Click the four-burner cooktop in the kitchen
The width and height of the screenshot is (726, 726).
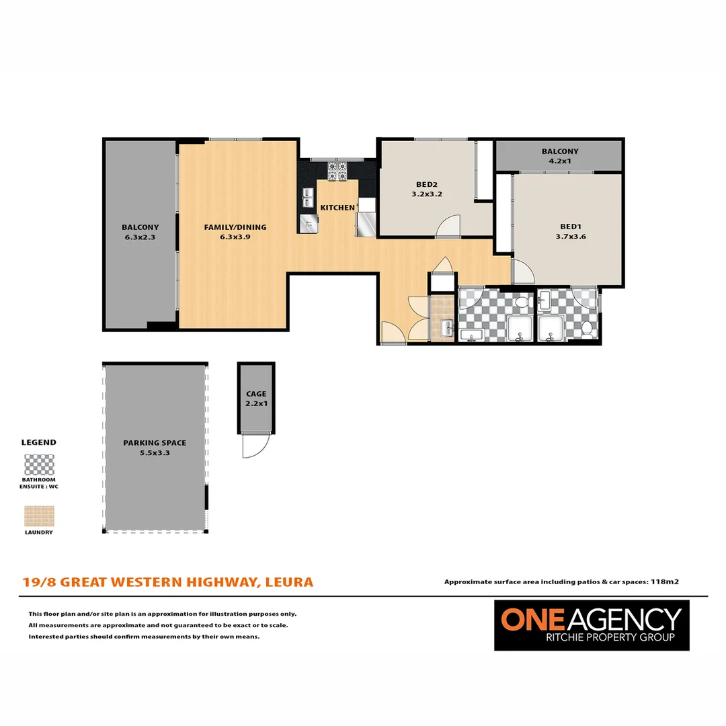pos(337,171)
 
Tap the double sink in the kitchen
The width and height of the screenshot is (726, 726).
pos(308,198)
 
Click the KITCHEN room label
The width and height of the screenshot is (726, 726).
pos(337,208)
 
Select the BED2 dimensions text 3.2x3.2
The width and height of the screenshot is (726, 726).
pos(426,194)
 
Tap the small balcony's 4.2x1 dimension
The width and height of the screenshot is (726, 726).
pos(560,161)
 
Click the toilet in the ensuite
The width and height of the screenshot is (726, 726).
pos(588,329)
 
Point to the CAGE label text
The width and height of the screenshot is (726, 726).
pos(256,394)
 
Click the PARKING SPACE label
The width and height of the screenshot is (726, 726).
pos(155,443)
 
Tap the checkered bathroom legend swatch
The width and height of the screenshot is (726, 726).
pos(39,465)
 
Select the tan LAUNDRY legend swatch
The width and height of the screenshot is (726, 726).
pos(39,516)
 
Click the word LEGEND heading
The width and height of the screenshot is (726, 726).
pos(39,442)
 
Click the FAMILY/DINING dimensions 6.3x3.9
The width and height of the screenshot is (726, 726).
pos(235,237)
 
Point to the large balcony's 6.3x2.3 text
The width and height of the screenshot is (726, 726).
pos(140,237)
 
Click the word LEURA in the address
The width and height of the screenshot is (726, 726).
pos(289,581)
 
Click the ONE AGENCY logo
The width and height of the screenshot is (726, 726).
pos(592,624)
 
